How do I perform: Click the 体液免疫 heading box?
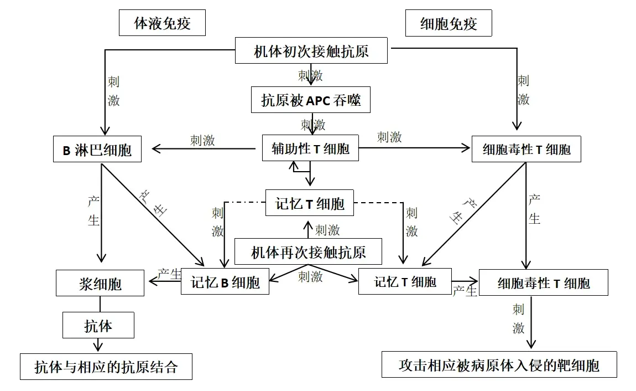pos(162,24)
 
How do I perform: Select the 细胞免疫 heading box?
pos(449,24)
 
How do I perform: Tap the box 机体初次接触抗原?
pos(311,52)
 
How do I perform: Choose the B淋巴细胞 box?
pos(97,150)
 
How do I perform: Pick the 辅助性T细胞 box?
pos(310,149)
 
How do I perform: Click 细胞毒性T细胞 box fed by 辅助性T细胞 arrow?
pos(526,150)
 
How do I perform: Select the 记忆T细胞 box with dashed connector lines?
pos(310,203)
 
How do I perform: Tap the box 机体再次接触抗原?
pos(308,253)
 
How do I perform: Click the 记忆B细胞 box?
pos(225,282)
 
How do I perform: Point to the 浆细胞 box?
pos(100,284)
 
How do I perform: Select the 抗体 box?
pos(98,325)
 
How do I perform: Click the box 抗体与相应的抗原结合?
pos(106,367)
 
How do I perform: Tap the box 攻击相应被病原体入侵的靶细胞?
pos(499,365)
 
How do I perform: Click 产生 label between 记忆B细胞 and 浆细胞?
pos(169,274)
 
